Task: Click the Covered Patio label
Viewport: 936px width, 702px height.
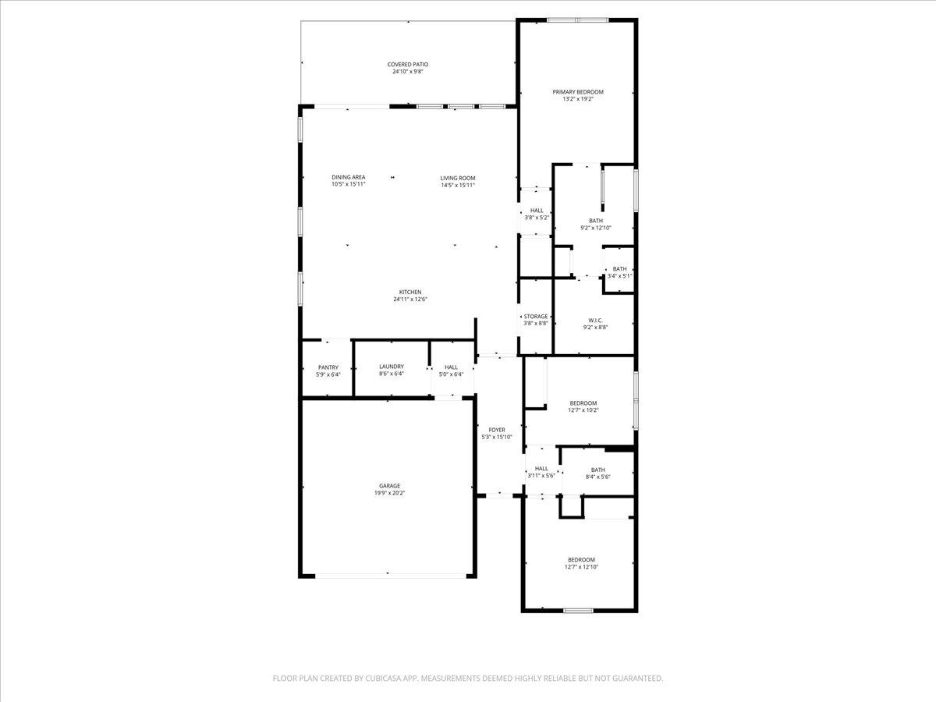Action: [x=408, y=65]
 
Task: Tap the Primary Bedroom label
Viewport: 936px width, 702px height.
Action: [x=578, y=92]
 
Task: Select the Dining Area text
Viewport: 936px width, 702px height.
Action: [x=348, y=178]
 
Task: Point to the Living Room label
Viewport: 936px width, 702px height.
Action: [x=457, y=178]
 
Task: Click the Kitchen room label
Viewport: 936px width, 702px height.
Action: [x=410, y=292]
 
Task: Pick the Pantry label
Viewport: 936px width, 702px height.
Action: [x=328, y=367]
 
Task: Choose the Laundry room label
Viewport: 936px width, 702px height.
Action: [x=391, y=367]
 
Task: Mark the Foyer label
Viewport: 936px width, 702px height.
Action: [x=497, y=430]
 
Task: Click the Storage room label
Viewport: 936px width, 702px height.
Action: [x=535, y=317]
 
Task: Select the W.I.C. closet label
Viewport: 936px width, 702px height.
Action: [x=595, y=320]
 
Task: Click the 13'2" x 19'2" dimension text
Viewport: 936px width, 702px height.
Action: [x=578, y=99]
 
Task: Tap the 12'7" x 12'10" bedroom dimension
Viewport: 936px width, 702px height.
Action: [x=581, y=567]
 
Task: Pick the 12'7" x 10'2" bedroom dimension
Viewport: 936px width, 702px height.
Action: [x=583, y=410]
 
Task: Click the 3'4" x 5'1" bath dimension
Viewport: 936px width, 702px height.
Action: [x=619, y=276]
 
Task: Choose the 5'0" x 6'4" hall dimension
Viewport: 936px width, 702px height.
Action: [x=451, y=374]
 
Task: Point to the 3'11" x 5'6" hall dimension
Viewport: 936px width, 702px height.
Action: [x=541, y=476]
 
